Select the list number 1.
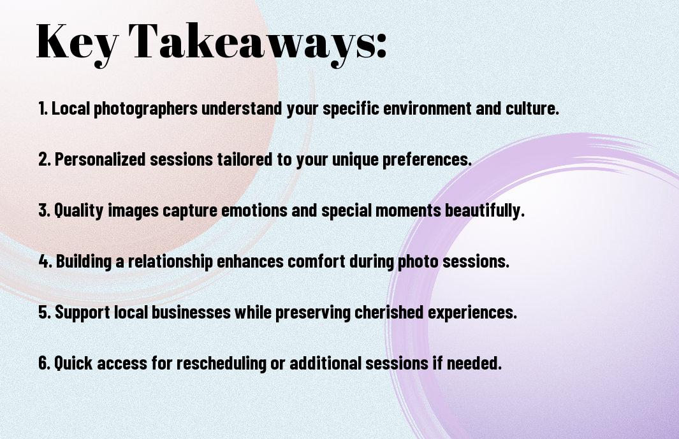(43, 108)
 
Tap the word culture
(532, 108)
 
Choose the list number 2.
(44, 159)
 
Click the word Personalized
(100, 159)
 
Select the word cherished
(389, 312)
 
